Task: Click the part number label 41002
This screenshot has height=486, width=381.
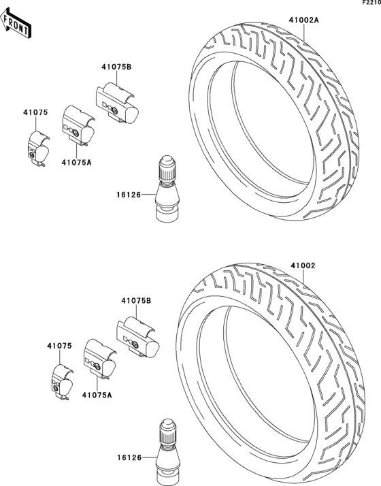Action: [303, 265]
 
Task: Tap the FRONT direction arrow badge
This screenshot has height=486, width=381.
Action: [16, 25]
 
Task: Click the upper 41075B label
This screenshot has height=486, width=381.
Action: [116, 66]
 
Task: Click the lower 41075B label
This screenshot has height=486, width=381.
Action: [136, 301]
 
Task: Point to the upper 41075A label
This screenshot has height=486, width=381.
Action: [76, 162]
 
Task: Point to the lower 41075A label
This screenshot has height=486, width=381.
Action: [97, 395]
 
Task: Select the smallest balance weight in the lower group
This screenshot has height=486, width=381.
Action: [63, 380]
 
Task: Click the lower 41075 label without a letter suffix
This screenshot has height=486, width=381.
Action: [59, 346]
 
